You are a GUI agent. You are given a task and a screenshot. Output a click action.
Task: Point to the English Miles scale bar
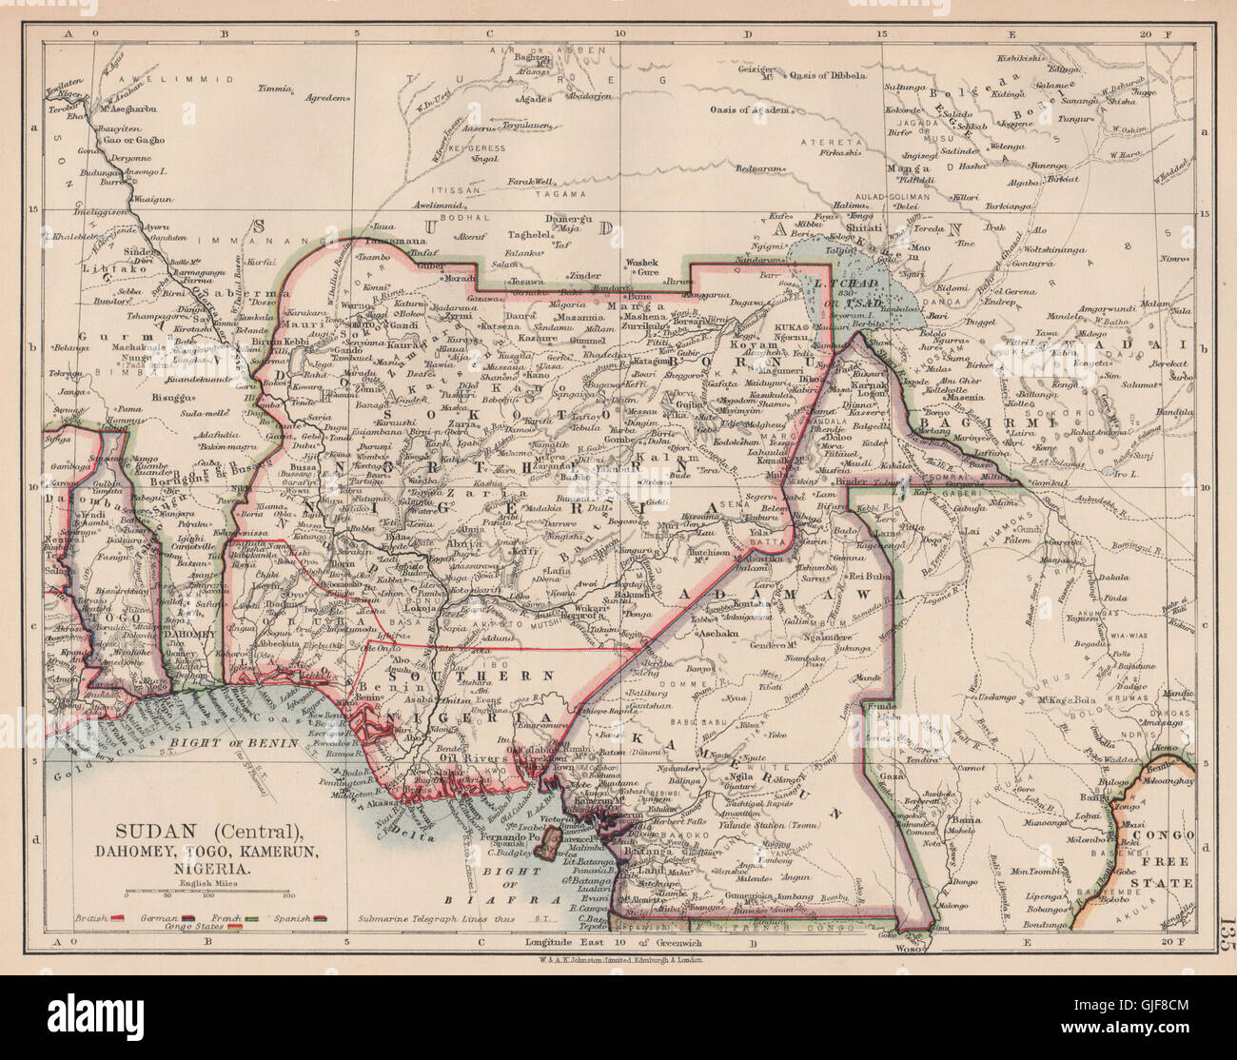[x=206, y=894]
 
